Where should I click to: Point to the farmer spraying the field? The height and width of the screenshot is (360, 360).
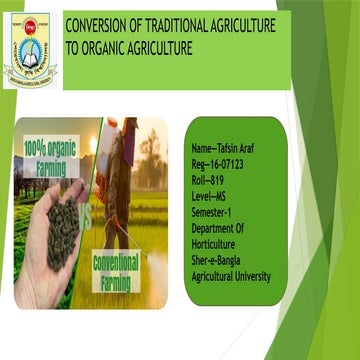click(x=125, y=170)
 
